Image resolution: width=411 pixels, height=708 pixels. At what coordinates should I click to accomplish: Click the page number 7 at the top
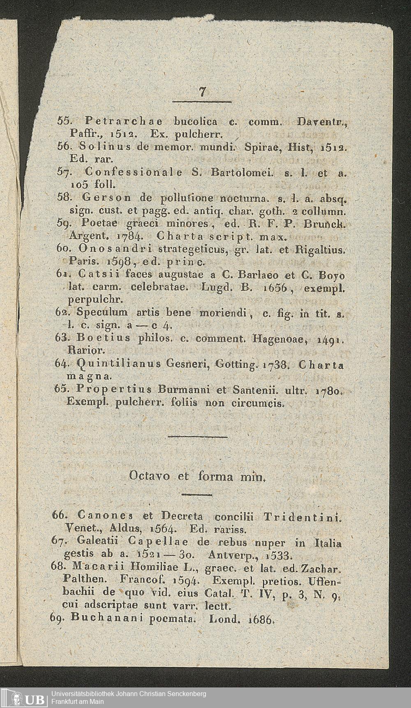click(202, 92)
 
